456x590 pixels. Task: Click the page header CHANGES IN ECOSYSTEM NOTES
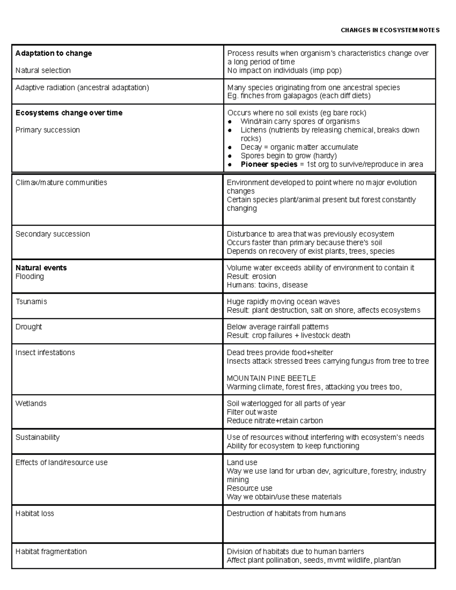[390, 30]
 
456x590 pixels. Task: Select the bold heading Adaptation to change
[54, 53]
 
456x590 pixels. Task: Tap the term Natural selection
[43, 70]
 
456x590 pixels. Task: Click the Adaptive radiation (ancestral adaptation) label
[82, 87]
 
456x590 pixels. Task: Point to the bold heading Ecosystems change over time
[69, 113]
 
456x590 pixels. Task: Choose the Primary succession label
[47, 130]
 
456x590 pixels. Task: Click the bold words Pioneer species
[269, 164]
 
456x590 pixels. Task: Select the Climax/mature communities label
[61, 182]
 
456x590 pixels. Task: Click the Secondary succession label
[52, 234]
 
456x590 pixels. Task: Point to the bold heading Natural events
[41, 268]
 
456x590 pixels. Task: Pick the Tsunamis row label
[31, 302]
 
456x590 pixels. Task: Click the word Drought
[28, 327]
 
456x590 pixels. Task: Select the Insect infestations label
[45, 353]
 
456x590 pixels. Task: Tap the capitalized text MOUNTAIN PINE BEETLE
[271, 378]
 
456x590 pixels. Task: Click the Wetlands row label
[31, 403]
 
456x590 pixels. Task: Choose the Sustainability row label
[37, 437]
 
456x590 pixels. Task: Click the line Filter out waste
[252, 412]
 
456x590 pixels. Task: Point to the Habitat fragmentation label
[51, 552]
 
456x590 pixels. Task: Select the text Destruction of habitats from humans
[286, 514]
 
